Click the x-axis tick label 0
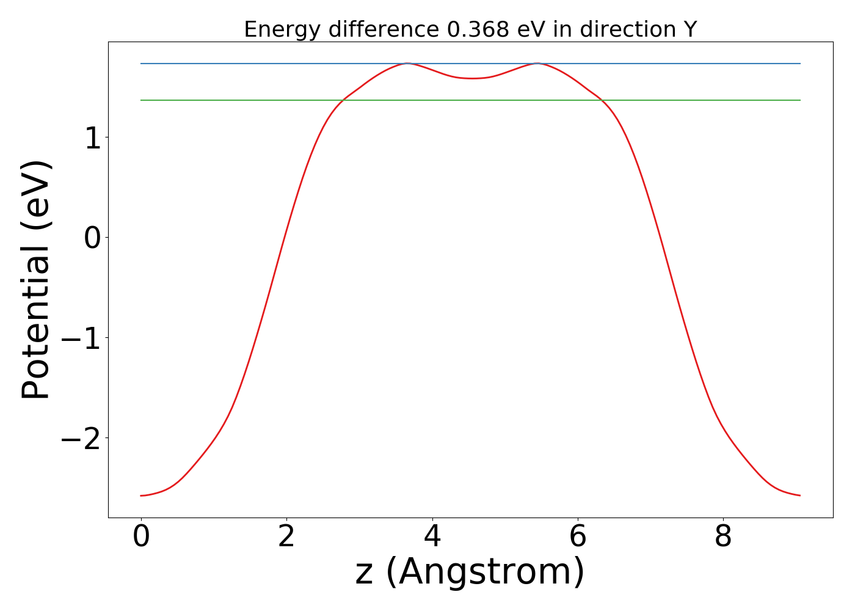pos(141,537)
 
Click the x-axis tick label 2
pos(286,537)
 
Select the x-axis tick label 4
pos(432,537)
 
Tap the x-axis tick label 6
pos(578,537)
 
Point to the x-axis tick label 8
pos(723,537)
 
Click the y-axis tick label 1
pos(93,138)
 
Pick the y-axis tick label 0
pos(93,238)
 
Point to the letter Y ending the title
pos(690,29)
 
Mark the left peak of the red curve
pos(407,64)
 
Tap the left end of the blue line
pos(141,64)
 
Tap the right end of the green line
pos(800,100)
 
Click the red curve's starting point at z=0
pos(141,496)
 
